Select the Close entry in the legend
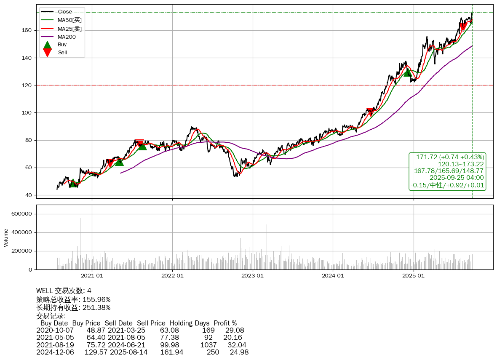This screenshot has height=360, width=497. (65, 12)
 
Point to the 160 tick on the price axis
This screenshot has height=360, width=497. (28, 30)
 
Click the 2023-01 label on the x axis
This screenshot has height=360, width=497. (253, 276)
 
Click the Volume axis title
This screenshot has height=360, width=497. (6, 237)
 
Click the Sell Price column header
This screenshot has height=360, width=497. (151, 323)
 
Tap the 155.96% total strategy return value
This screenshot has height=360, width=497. (96, 299)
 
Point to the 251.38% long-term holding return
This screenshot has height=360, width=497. (96, 308)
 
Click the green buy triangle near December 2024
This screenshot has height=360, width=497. (407, 72)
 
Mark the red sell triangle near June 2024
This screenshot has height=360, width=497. (370, 112)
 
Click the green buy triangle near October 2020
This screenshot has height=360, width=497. (73, 183)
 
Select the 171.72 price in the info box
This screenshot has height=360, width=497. (426, 157)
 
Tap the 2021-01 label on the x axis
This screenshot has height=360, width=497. (92, 276)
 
